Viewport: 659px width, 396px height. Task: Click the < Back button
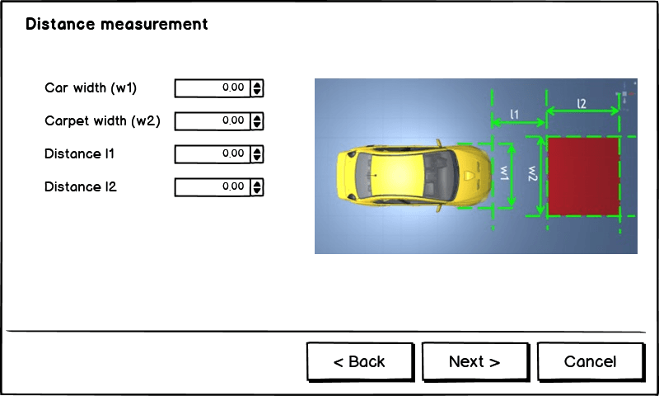359,361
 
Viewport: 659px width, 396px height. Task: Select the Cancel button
590,361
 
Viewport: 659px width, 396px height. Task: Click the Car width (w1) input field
212,87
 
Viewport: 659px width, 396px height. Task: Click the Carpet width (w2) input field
212,120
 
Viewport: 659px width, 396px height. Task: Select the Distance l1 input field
212,153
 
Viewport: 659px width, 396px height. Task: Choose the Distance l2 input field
212,186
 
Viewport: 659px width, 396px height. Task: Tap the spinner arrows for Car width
257,87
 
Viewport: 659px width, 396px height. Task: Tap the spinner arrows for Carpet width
257,120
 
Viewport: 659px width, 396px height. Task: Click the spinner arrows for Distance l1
257,153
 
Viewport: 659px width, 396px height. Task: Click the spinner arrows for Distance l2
257,186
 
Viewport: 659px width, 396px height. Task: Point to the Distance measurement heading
117,24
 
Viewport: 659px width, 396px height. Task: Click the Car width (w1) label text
91,87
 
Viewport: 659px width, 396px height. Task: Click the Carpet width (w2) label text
102,120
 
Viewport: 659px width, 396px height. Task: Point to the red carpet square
583,177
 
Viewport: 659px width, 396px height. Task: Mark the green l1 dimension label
514,112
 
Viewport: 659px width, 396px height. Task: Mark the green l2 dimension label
582,104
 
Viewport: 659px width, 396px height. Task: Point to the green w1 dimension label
503,174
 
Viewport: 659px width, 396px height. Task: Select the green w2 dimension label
532,174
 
